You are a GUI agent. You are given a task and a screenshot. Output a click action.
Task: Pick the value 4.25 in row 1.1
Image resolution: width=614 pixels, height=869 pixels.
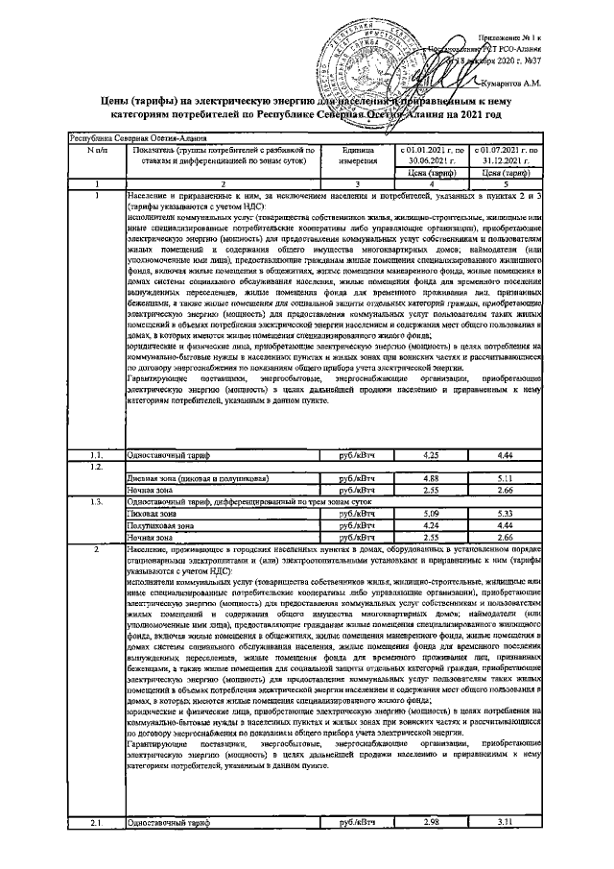click(431, 454)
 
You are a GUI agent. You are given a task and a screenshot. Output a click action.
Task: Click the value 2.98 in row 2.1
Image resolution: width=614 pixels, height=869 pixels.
click(431, 824)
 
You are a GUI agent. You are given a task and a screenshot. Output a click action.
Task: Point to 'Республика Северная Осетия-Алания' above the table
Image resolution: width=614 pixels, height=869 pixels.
click(126, 138)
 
